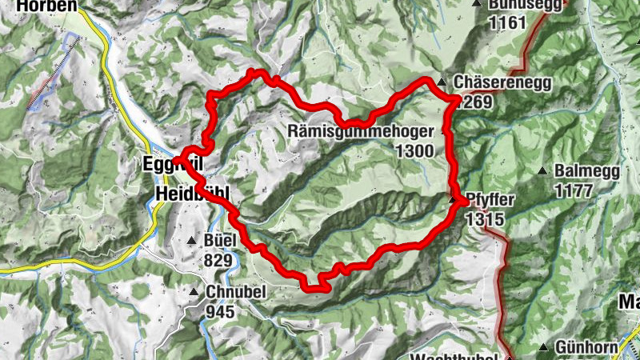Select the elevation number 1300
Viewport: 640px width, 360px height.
414,150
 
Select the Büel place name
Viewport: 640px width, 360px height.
218,241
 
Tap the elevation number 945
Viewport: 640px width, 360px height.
220,311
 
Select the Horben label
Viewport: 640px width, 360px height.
38,6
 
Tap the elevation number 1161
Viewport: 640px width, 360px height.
508,22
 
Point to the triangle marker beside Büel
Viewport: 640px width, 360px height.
191,241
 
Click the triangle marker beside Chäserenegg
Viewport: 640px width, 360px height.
441,82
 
